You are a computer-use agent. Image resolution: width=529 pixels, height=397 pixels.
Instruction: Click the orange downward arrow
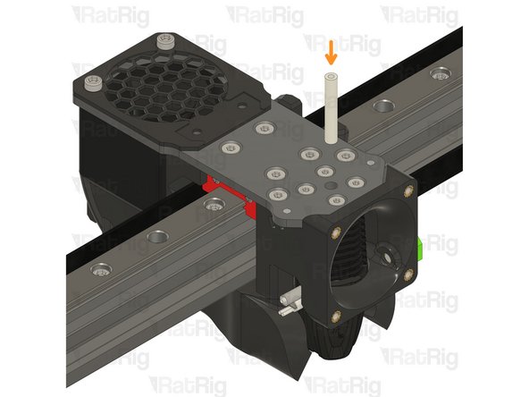pyautogui.click(x=332, y=51)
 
